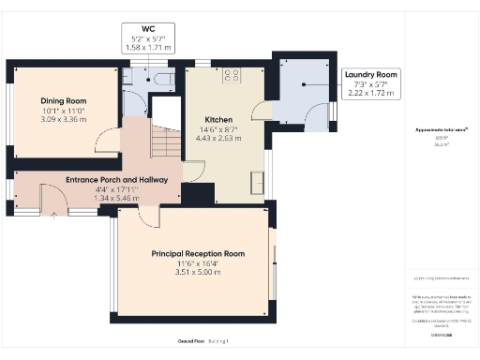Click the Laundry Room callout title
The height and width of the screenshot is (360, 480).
pyautogui.click(x=371, y=74)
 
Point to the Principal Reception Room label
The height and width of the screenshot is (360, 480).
pyautogui.click(x=198, y=253)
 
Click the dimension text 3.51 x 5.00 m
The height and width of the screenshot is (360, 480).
pyautogui.click(x=198, y=272)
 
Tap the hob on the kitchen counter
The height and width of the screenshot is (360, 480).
pyautogui.click(x=231, y=74)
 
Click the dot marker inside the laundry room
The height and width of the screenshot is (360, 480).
pyautogui.click(x=303, y=85)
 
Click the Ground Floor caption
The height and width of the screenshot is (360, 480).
pyautogui.click(x=191, y=341)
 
